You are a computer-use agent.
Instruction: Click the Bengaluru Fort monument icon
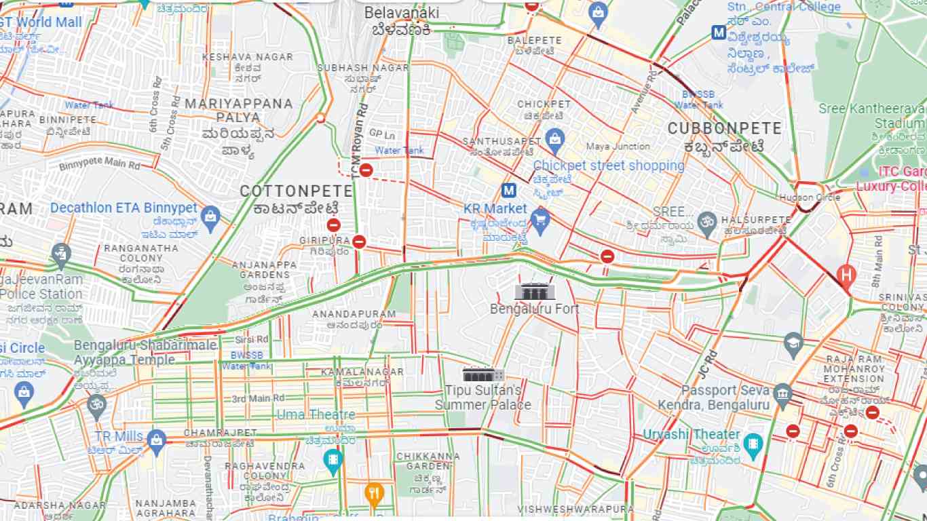pos(535,291)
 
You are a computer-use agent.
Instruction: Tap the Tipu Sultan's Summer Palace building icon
pos(483,374)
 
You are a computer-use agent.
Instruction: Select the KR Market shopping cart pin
pos(540,220)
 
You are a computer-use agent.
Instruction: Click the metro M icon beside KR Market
pos(508,191)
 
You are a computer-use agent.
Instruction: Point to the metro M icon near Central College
pos(718,32)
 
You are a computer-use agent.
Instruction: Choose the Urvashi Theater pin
pos(753,444)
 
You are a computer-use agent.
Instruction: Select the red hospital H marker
pos(846,275)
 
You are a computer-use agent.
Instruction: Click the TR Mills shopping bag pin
pos(157,439)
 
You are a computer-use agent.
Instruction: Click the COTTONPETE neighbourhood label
pos(296,191)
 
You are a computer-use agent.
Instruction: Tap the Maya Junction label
pos(618,146)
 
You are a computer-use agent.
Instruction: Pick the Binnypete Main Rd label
pos(99,163)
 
